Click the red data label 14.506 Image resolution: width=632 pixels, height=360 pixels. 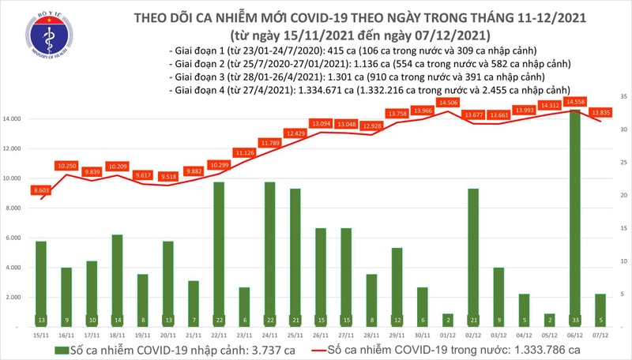click(450, 103)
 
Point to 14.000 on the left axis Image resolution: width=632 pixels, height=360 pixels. click(16, 119)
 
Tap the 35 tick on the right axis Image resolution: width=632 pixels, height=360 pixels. click(623, 96)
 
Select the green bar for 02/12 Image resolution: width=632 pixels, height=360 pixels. click(475, 257)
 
